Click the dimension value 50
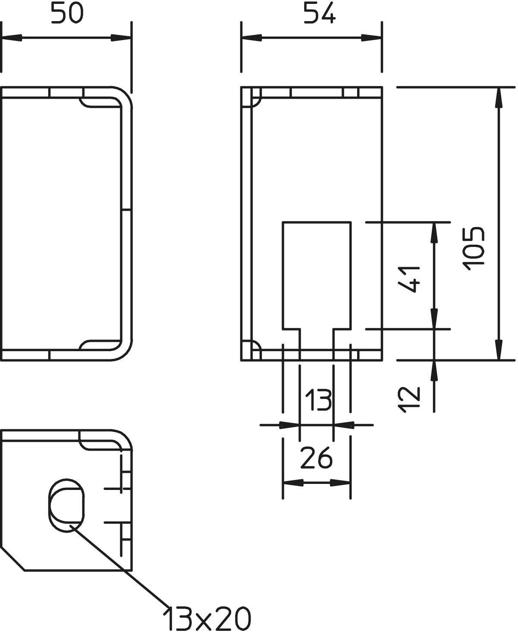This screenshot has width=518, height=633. [67, 13]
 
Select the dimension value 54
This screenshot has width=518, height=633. [319, 13]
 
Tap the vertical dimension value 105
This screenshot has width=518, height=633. [474, 249]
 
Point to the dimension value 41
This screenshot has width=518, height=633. [408, 279]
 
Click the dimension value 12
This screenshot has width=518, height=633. [408, 399]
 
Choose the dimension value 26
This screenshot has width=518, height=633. [317, 458]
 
